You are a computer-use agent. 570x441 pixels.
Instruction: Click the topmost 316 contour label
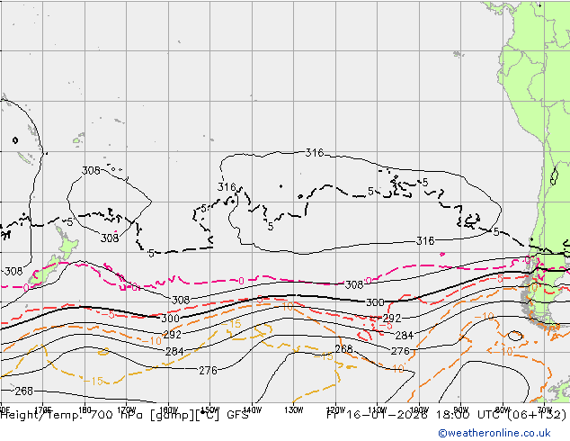[314, 153]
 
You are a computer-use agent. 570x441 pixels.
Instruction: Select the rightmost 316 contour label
[425, 240]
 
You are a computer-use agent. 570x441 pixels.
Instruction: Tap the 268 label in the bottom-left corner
[23, 391]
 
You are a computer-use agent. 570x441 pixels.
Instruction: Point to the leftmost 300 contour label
[169, 319]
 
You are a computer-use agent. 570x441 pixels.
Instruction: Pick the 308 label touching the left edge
[12, 271]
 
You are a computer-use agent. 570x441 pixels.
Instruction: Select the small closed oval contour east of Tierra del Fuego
[514, 336]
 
